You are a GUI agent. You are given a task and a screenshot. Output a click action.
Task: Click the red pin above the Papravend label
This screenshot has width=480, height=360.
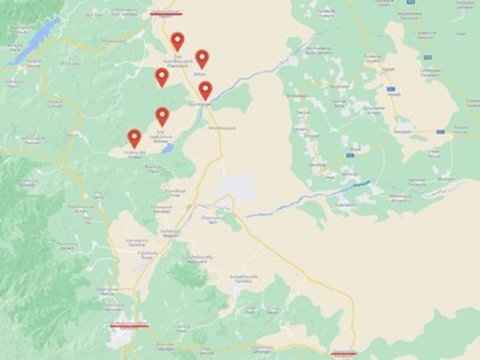177,41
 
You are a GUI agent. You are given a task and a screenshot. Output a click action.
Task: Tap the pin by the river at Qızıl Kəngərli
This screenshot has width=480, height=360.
205,90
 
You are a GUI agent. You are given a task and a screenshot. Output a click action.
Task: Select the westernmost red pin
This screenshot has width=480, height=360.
134,138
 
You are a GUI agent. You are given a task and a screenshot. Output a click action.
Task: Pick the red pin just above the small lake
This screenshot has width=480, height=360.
162,116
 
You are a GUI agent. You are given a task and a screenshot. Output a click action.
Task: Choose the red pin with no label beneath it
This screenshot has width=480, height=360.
162,77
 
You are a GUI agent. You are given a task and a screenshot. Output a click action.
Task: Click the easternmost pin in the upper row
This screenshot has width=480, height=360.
201,58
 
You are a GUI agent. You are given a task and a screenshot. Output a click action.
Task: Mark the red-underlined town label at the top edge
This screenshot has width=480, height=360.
167,11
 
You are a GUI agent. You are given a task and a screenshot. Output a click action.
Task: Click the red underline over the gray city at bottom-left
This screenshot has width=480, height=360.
129,324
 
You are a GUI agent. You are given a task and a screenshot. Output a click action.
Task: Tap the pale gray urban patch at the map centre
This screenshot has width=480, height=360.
233,188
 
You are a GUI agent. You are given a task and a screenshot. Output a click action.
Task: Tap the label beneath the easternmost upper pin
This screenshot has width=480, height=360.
201,73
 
